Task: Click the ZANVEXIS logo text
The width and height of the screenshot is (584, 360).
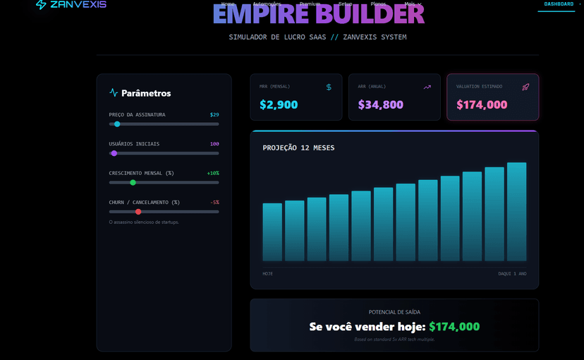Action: click(x=78, y=5)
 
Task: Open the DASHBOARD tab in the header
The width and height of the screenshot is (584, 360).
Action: click(x=559, y=4)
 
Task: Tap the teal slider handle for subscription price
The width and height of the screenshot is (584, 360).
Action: click(x=117, y=124)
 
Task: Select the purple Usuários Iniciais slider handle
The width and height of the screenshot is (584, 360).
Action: click(x=114, y=153)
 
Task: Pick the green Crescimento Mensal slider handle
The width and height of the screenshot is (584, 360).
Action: click(x=133, y=183)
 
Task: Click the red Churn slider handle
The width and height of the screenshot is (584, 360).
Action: click(x=138, y=212)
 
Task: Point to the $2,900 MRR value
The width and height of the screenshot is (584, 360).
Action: click(x=279, y=105)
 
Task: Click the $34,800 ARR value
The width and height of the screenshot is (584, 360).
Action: click(x=380, y=105)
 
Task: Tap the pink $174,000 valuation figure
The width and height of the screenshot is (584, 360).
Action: click(x=482, y=105)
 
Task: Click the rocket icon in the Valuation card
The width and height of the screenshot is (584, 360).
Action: click(x=525, y=87)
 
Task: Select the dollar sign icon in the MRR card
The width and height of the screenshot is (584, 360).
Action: click(x=329, y=87)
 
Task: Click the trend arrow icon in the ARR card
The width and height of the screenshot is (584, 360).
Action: click(x=427, y=87)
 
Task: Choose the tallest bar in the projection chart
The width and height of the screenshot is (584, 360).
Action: click(x=517, y=212)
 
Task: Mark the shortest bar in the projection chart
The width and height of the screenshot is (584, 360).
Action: click(x=272, y=232)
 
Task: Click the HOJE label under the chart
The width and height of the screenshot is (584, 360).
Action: click(x=268, y=273)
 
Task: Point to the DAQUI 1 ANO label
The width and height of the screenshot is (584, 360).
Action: click(x=512, y=273)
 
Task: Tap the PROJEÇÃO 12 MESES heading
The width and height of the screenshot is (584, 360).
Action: click(x=298, y=148)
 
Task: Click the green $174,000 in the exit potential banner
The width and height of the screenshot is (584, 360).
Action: click(x=454, y=327)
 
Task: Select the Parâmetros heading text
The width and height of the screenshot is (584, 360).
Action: click(x=146, y=93)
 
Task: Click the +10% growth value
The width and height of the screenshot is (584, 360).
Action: click(x=213, y=173)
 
